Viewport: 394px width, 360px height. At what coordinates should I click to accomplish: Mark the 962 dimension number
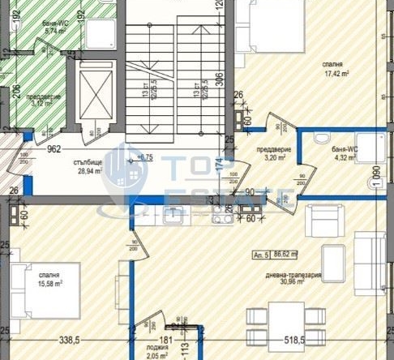pyautogui.click(x=55, y=149)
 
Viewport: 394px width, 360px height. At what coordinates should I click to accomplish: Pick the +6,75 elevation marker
pyautogui.click(x=145, y=156)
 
